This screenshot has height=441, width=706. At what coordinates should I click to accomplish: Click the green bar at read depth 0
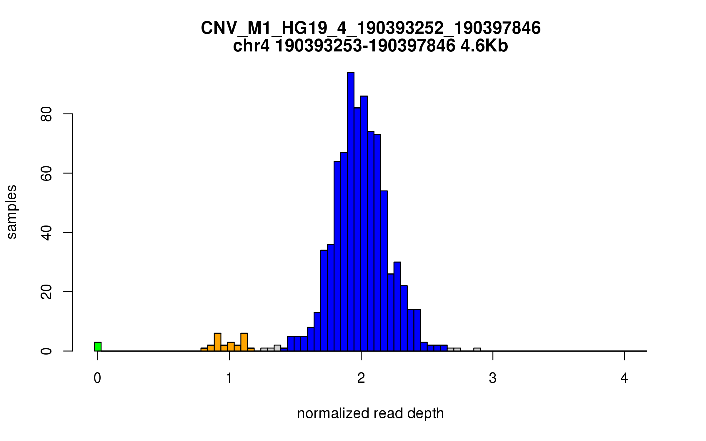pos(98,347)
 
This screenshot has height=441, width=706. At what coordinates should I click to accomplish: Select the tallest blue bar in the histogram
pos(350,212)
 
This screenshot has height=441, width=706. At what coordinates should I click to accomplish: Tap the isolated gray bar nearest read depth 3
pos(477,350)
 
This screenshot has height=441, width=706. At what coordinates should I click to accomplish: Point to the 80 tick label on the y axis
pos(46,114)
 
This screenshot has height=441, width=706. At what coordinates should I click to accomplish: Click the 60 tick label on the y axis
pos(46,173)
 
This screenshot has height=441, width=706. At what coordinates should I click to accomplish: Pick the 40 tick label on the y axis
pos(46,233)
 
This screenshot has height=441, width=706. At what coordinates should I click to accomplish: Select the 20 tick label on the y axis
pos(46,292)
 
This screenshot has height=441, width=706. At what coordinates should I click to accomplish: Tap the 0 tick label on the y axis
pos(46,351)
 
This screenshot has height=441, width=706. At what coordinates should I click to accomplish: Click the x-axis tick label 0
pos(97,378)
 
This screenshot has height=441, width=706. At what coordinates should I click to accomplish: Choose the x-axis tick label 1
pos(229,378)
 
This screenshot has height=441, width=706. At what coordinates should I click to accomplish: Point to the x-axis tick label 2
pos(361,378)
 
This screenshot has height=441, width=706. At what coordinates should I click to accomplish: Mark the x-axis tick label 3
pos(493,378)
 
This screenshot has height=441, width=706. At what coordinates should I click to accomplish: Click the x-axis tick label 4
pos(624,378)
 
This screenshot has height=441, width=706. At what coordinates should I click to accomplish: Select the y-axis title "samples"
pos(12,212)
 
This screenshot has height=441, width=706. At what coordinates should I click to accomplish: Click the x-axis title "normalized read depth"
pos(370,413)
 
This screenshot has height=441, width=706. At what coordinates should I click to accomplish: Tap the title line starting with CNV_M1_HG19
pos(370,28)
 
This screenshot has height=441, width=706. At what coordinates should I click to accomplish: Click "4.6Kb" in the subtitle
pos(484,46)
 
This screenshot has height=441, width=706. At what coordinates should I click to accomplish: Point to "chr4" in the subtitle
pos(251,46)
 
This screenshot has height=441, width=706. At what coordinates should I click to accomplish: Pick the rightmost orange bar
pos(251,350)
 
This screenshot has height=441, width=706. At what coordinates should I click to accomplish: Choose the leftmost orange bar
pos(204,350)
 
